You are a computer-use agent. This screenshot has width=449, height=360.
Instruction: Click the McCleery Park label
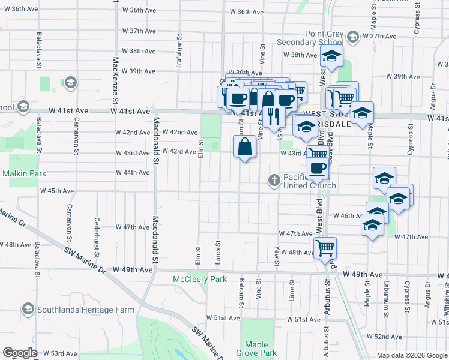coord(200,279)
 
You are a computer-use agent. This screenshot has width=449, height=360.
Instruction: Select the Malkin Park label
coord(21,173)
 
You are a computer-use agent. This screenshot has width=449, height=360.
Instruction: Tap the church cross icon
coord(274,180)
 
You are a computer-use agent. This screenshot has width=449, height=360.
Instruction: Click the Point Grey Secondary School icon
coord(352,37)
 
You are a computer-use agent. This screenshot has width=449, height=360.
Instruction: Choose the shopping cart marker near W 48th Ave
coord(325,247)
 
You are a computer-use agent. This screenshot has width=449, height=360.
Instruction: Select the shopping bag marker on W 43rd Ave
coord(245,146)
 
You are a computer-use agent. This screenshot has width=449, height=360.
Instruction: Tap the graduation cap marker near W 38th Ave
coord(331,58)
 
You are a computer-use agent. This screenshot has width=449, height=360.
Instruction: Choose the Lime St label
coord(291,293)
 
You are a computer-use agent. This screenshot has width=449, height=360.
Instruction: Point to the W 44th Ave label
coord(133,172)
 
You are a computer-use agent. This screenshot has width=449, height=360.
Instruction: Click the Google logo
coord(20,353)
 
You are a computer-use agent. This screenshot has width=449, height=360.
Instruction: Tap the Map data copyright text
coord(411,355)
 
